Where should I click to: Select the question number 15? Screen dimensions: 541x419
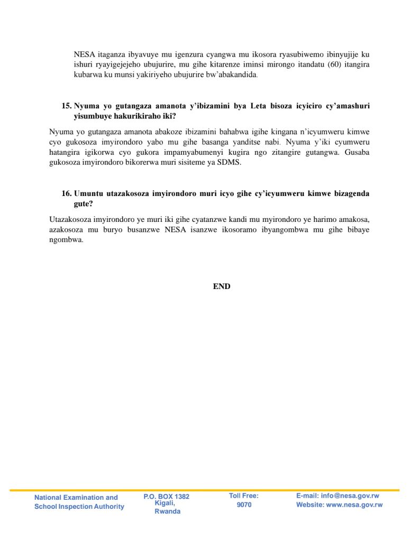tap(67, 106)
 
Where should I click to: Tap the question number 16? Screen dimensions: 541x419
tap(67, 193)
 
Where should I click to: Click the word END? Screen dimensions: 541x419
tap(222, 286)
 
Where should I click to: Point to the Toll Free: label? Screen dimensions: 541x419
tap(243, 496)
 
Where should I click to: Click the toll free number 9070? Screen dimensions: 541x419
tap(244, 505)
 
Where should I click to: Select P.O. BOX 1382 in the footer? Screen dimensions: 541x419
tap(166, 497)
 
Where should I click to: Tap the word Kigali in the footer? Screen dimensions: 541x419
tap(165, 503)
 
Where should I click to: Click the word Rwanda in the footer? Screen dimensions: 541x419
tap(167, 511)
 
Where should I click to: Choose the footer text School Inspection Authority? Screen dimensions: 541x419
tap(79, 507)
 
